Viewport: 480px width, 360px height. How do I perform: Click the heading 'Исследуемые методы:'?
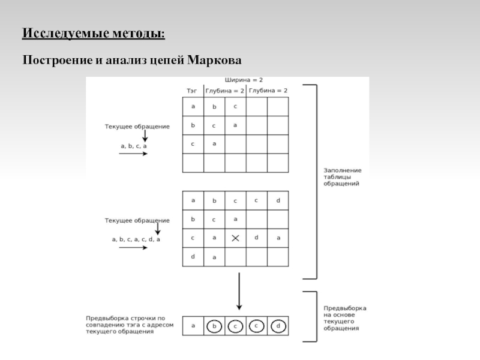tap(94, 33)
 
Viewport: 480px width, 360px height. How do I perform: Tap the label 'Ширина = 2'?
tap(244, 80)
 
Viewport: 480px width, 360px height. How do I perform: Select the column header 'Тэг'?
tap(192, 90)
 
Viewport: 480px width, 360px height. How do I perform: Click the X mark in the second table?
tap(235, 238)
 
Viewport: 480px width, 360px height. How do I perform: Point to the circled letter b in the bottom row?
tap(214, 326)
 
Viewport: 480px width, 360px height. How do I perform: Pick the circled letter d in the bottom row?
tap(278, 326)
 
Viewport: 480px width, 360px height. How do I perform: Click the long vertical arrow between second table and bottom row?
tap(239, 291)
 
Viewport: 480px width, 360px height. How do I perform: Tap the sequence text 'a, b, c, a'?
tap(134, 145)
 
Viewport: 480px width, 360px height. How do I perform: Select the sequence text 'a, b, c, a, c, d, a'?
tap(136, 239)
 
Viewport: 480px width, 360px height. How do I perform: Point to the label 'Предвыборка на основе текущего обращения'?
tap(344, 318)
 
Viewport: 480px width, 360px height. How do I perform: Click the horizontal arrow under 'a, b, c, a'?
tap(133, 154)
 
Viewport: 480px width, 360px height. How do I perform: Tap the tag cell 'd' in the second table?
tap(193, 256)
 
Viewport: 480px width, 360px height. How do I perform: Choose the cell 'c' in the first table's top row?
tap(235, 107)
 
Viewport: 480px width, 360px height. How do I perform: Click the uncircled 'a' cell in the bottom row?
tap(193, 326)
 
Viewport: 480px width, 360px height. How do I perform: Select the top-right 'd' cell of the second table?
tap(278, 200)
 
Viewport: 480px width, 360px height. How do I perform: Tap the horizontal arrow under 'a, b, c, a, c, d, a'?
tap(133, 248)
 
